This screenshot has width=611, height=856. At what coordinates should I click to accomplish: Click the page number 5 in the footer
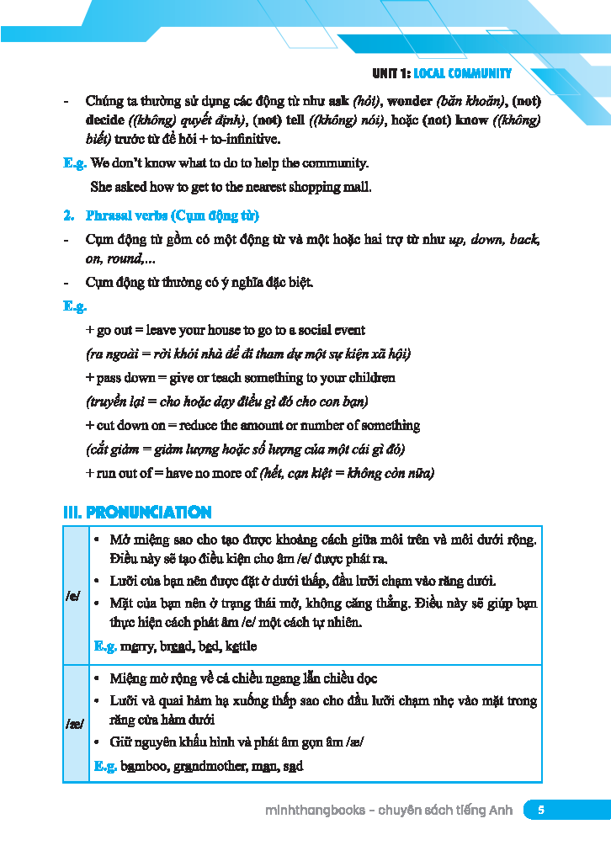541,810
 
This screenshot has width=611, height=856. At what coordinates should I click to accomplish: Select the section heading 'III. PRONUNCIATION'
137,512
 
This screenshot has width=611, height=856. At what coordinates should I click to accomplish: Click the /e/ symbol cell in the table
74,595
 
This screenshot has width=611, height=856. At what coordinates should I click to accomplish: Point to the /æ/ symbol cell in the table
74,723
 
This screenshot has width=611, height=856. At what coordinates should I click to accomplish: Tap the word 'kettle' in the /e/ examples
241,646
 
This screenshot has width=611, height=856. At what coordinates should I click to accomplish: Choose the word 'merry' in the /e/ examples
137,646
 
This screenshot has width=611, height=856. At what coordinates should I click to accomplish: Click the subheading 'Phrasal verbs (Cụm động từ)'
173,215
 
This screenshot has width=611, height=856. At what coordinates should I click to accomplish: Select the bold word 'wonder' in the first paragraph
407,101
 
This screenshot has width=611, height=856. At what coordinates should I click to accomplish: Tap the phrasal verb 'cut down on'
130,425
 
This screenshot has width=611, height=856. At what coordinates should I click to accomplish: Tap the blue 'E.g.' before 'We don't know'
75,162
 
